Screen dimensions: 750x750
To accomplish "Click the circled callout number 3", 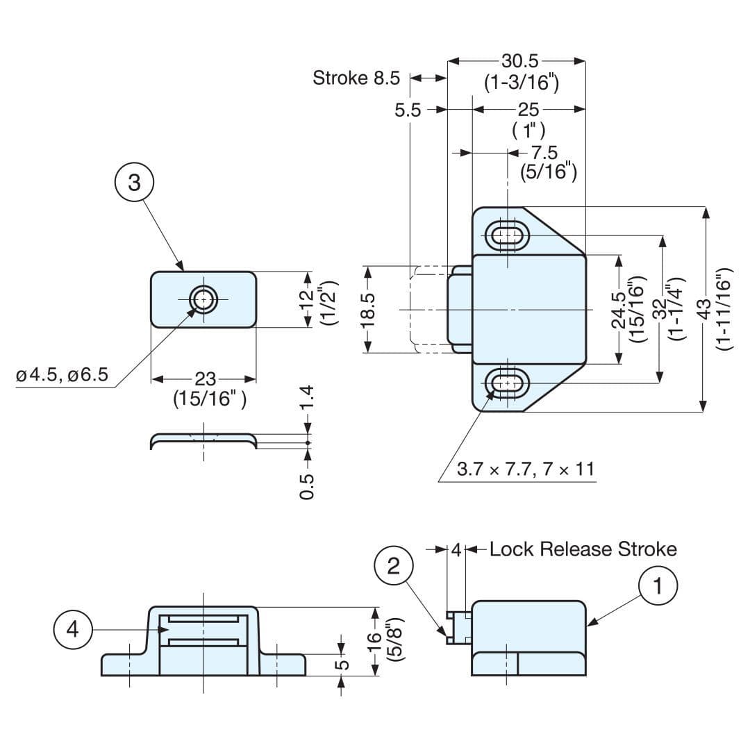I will tap(134, 183).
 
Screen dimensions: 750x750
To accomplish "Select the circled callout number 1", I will tap(658, 587).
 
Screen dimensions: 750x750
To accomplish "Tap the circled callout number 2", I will tap(394, 566).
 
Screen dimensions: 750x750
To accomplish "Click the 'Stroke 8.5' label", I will tap(356, 78).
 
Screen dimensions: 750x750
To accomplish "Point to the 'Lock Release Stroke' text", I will tap(583, 549).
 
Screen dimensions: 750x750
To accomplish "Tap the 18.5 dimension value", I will tap(368, 308).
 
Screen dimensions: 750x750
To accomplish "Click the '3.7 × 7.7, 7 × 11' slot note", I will tap(526, 469).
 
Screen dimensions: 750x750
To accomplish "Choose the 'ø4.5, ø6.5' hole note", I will tap(62, 375).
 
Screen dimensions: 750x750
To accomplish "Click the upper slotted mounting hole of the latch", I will tap(510, 236).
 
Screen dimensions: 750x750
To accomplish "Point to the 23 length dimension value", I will tap(205, 379).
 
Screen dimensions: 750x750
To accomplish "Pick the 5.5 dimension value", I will tap(408, 110).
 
